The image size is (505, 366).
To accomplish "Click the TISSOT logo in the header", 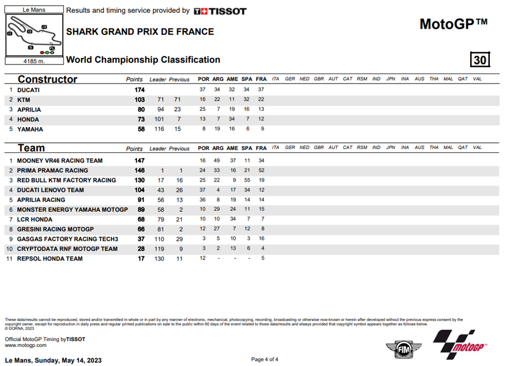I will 219,11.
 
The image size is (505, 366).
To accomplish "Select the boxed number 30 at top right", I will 480,59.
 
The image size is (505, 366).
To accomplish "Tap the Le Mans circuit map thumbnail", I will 34,35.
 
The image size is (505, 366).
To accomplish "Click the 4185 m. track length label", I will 34,61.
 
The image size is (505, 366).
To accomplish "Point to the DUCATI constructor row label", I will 28,90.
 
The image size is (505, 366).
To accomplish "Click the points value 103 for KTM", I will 139,100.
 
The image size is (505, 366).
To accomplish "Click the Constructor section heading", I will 47,79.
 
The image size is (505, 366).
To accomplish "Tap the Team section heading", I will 31,148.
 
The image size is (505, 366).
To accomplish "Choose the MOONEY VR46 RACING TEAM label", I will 59,160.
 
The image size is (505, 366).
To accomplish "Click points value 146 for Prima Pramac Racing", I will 139,170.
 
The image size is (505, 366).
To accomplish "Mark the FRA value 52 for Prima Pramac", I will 261,170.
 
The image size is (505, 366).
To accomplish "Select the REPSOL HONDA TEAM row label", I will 49,258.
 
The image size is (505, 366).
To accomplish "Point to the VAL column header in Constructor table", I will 477,79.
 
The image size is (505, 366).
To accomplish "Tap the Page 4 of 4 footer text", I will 264,359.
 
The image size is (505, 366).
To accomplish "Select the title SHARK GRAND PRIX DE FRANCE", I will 140,31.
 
